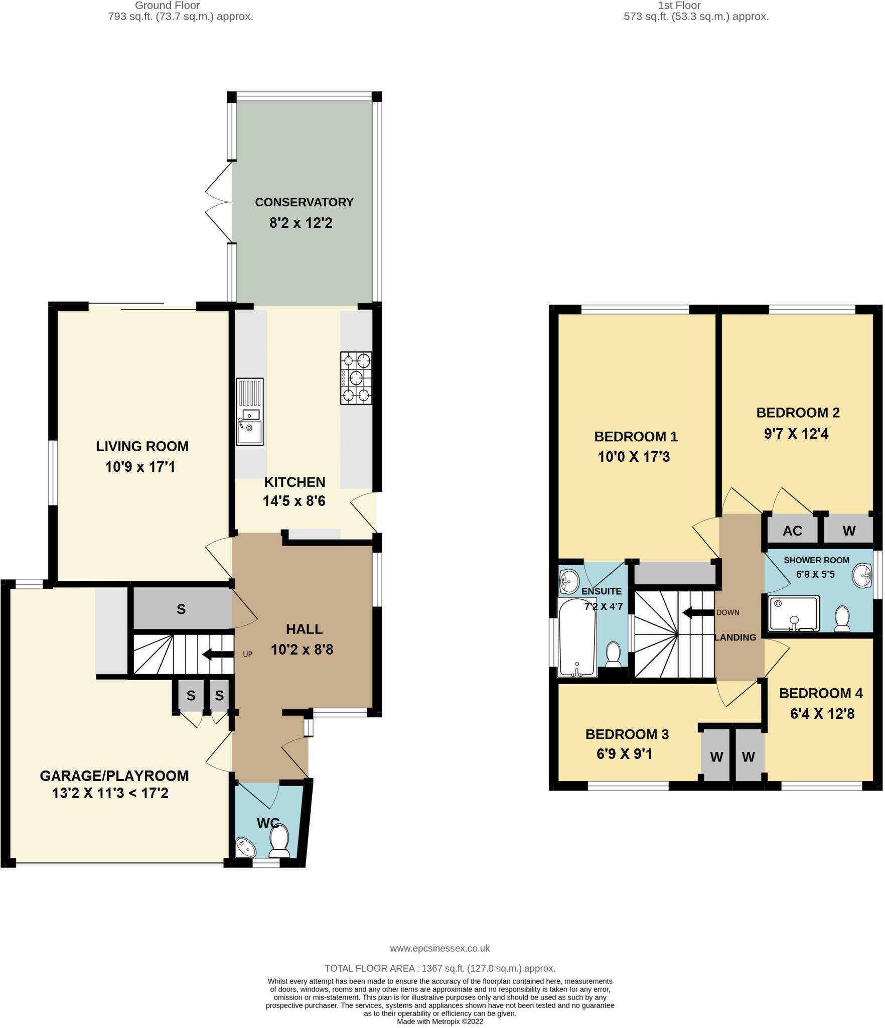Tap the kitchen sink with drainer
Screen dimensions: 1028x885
coord(250,412)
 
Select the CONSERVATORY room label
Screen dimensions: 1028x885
coord(304,202)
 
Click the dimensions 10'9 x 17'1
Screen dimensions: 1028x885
coord(140,467)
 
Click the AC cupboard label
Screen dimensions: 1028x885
coord(792,531)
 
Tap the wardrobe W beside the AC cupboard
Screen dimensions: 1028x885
coord(849,531)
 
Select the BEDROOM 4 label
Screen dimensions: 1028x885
coord(821,693)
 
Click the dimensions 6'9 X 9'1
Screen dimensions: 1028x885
coord(624,754)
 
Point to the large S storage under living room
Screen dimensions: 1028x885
coord(181,609)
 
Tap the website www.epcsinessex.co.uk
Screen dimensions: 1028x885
coord(439,949)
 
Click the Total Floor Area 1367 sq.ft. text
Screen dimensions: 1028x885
coord(439,969)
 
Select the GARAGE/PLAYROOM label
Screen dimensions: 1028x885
coord(114,776)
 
